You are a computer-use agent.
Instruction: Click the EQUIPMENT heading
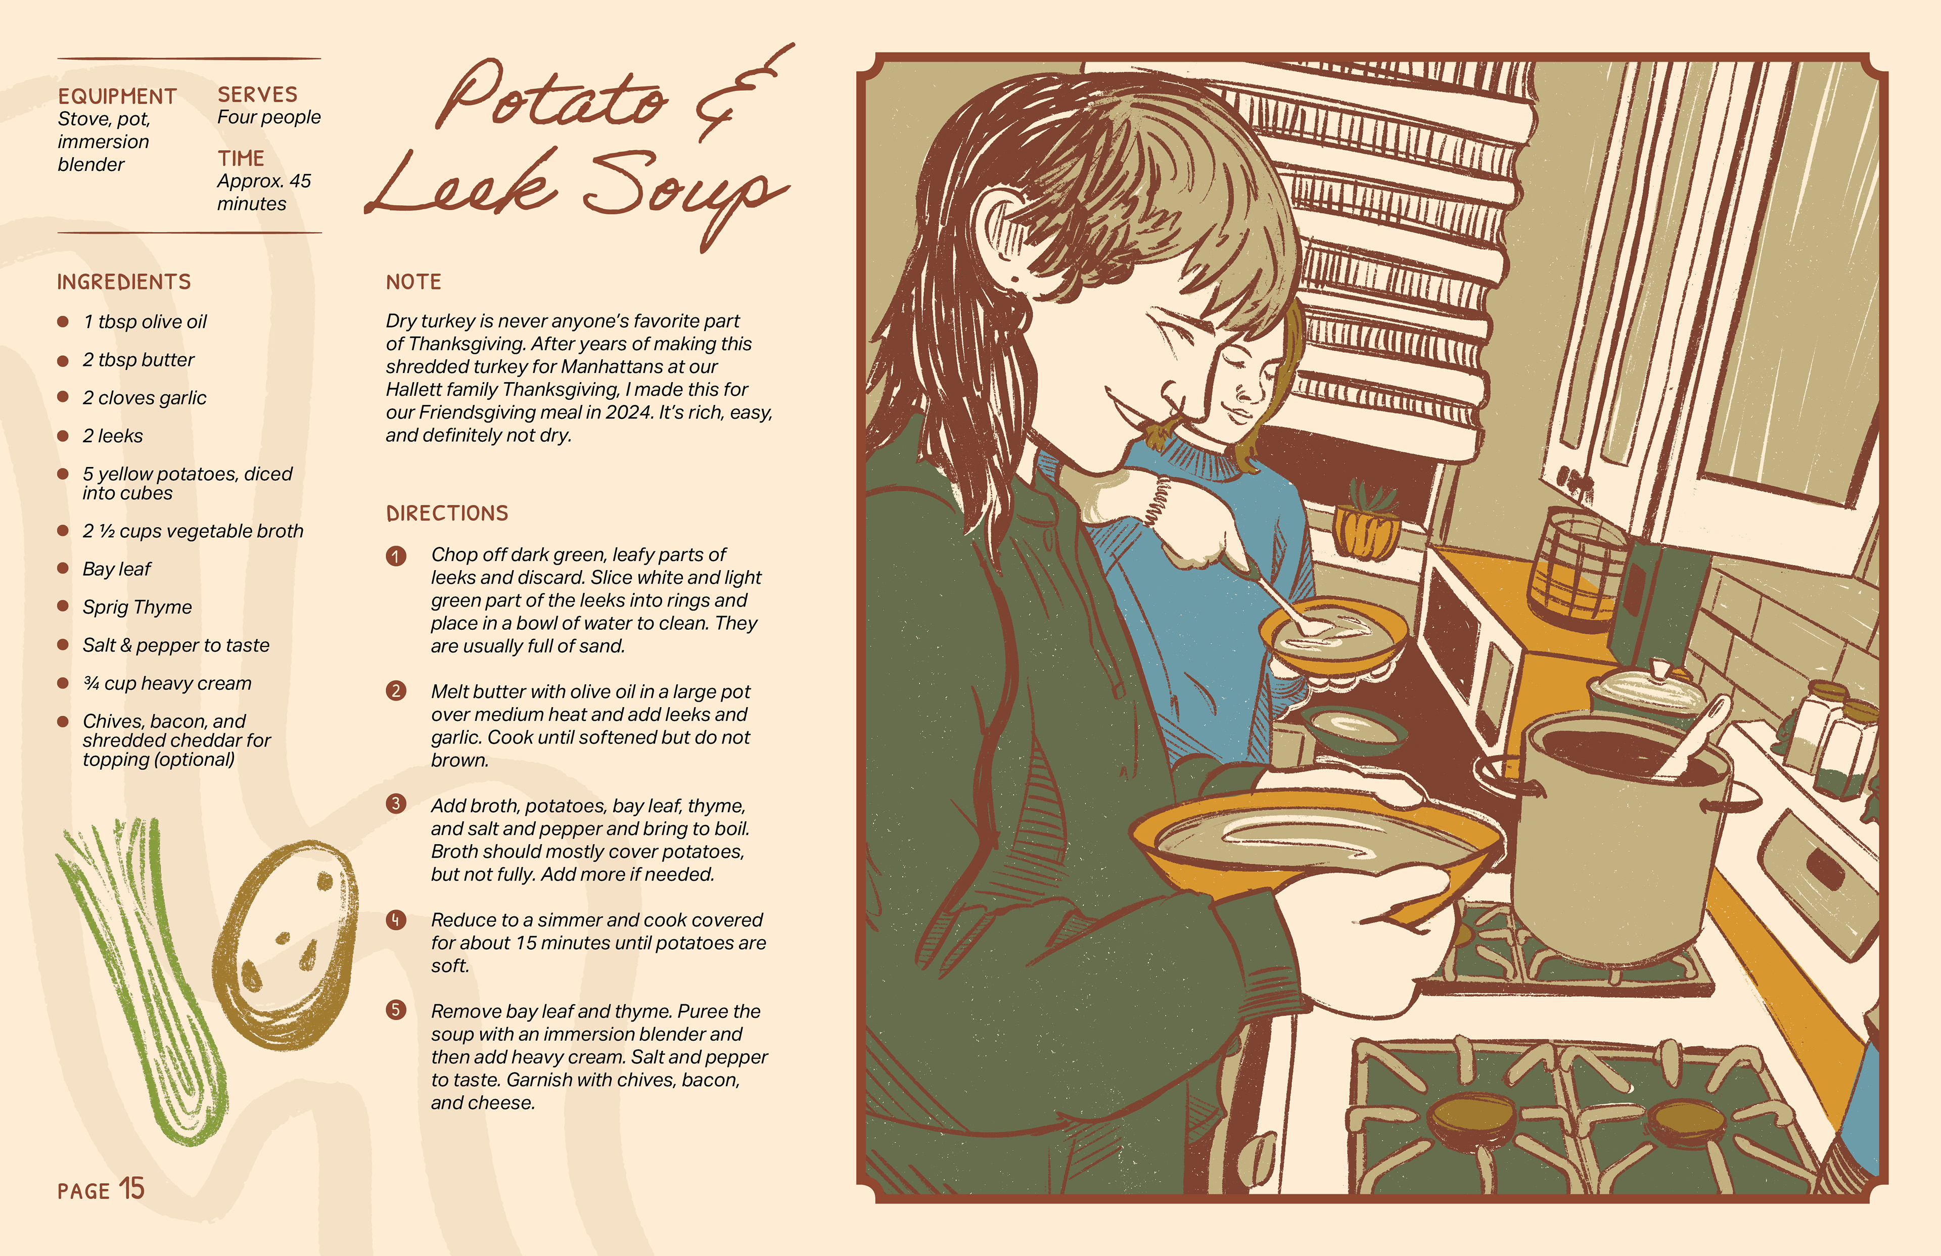[117, 96]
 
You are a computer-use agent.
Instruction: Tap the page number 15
[132, 1189]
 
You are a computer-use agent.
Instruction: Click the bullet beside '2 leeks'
[63, 436]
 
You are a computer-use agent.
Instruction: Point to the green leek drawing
[143, 979]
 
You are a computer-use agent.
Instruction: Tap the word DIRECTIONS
[447, 513]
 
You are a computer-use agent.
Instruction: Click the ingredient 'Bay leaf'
[117, 569]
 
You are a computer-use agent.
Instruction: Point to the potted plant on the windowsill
[1366, 522]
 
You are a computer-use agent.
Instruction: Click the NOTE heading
[413, 282]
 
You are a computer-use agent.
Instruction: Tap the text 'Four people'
[269, 117]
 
